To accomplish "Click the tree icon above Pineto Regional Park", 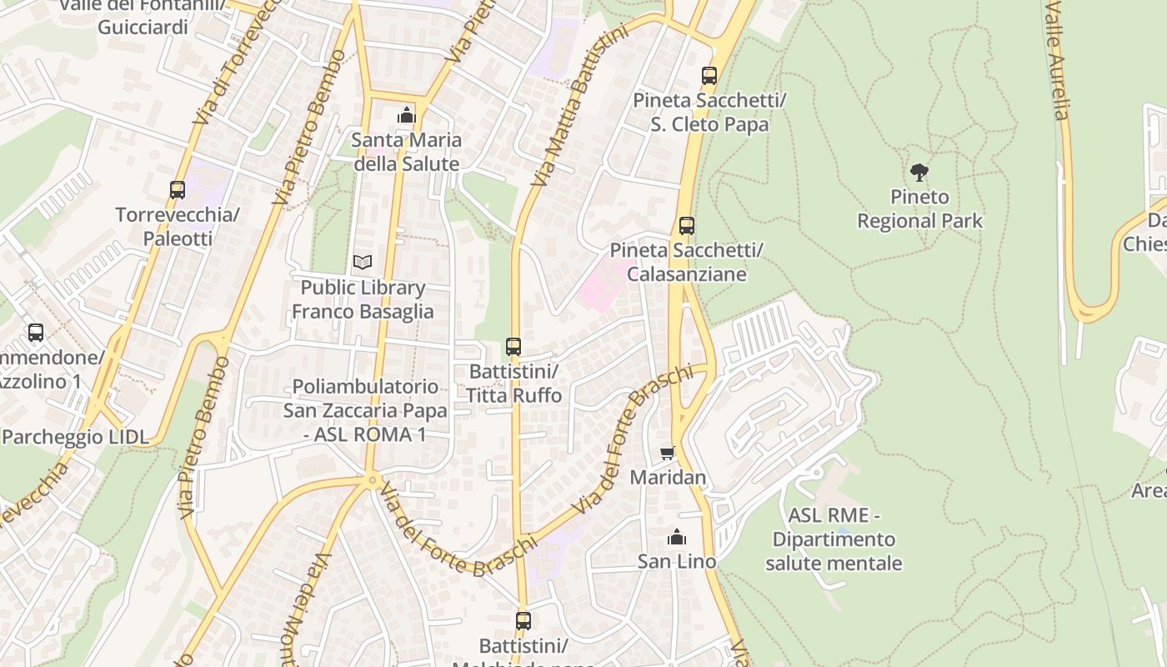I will click(919, 173).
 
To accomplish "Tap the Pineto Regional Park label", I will click(919, 209).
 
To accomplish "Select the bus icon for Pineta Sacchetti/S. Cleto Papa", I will click(709, 76).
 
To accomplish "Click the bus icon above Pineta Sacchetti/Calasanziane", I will click(687, 225).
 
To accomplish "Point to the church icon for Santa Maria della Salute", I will click(406, 115).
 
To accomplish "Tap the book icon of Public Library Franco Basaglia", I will click(362, 262).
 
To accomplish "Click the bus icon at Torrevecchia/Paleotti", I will click(178, 189).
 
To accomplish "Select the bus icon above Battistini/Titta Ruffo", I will click(513, 346).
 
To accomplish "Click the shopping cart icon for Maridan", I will click(667, 453).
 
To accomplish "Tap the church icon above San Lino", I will click(676, 537).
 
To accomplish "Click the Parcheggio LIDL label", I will click(75, 437).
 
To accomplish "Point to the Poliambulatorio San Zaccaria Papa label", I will click(364, 410).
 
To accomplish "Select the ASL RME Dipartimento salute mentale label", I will click(834, 539).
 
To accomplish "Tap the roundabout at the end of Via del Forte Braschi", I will click(372, 479).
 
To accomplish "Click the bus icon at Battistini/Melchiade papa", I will click(523, 620).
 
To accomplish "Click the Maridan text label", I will click(668, 478).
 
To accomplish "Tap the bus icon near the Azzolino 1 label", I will click(35, 333).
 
